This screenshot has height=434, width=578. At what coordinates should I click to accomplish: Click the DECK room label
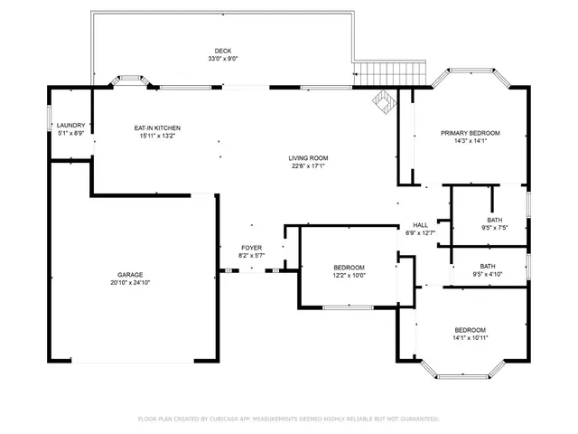click(223, 51)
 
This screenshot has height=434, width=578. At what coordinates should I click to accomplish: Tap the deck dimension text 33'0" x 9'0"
click(223, 59)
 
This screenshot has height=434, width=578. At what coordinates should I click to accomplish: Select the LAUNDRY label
click(70, 126)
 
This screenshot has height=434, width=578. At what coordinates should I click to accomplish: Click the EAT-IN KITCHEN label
click(157, 128)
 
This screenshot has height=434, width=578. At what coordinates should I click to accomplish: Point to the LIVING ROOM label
click(308, 158)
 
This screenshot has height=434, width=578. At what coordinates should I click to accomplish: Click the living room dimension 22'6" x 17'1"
click(308, 166)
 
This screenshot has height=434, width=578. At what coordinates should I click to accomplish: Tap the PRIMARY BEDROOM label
click(471, 133)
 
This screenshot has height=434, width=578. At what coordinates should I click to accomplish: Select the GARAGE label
click(130, 275)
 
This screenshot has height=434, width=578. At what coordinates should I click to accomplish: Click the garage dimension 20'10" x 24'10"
click(130, 283)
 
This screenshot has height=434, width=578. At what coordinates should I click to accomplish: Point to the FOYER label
click(252, 248)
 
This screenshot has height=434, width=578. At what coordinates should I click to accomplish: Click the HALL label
click(421, 225)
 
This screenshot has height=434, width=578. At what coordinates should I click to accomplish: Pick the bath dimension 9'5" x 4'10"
click(488, 274)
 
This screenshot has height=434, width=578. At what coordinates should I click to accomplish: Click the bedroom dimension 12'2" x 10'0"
click(350, 275)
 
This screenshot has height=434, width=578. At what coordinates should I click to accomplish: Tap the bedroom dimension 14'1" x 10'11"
click(471, 337)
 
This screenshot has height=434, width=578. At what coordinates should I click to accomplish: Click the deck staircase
click(390, 74)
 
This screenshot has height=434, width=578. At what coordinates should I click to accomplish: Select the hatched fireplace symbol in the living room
click(384, 102)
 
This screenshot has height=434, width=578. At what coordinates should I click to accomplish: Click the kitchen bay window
click(130, 80)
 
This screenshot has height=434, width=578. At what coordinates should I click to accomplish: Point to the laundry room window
click(49, 118)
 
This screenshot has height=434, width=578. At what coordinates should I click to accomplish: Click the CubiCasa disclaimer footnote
click(289, 419)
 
